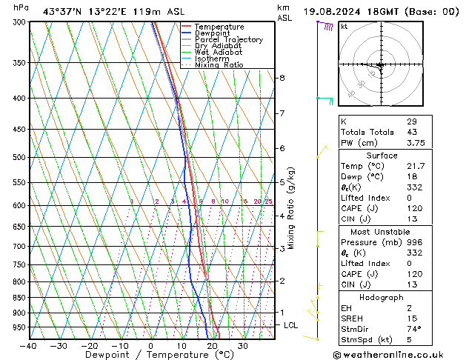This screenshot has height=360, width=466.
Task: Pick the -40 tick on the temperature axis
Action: [28, 346]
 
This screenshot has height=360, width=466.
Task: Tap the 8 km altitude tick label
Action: [282, 78]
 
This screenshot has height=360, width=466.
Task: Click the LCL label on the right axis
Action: [291, 325]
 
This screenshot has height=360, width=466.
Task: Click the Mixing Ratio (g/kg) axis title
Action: [291, 208]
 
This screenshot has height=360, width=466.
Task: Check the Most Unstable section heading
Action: [382, 232]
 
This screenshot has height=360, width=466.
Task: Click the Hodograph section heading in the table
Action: [382, 297]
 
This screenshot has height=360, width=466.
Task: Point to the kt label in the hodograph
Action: [345, 26]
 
